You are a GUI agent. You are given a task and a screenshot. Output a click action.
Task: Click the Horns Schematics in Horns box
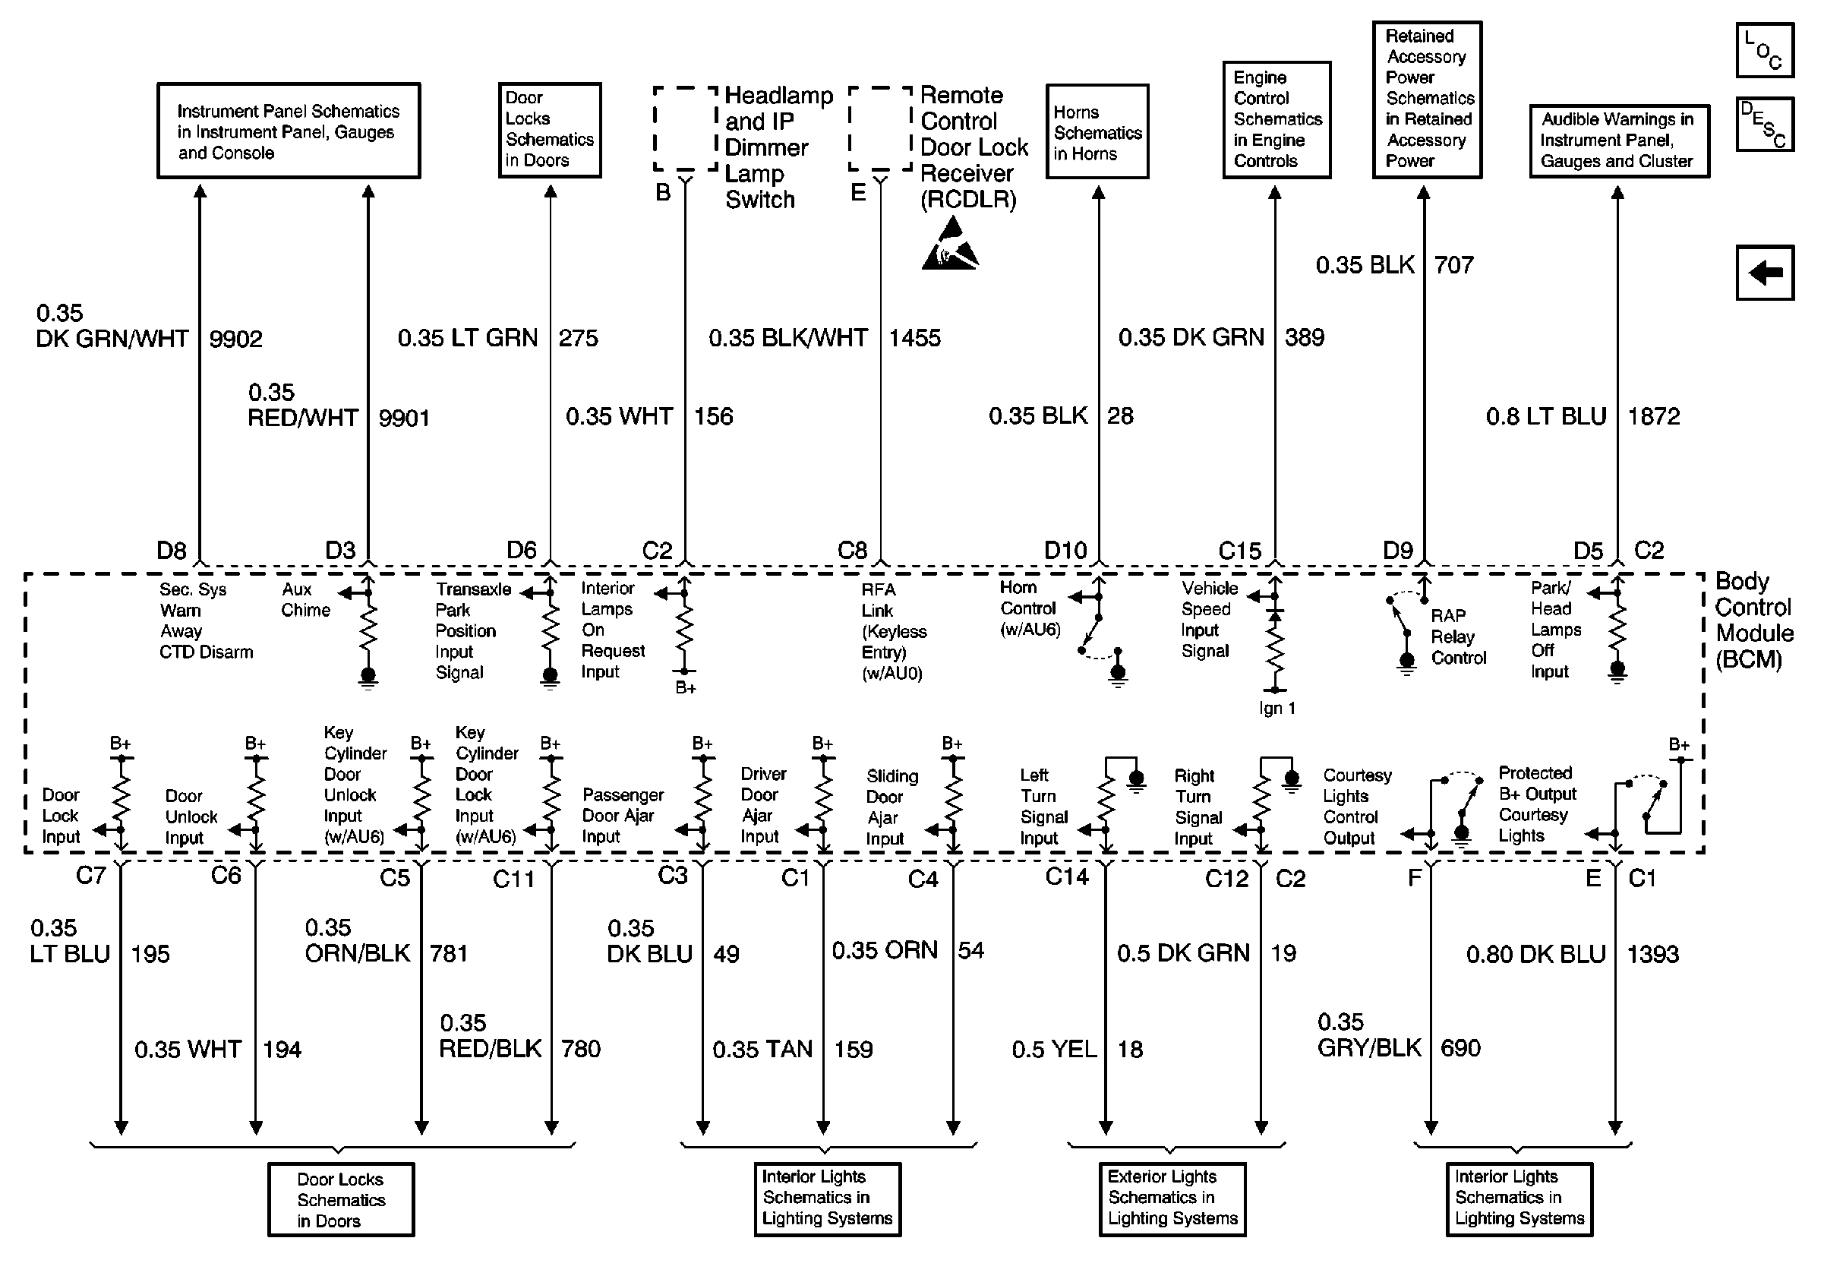(x=1097, y=132)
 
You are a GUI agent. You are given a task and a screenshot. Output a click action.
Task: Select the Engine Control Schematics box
(x=1276, y=119)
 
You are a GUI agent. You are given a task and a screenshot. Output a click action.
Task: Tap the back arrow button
(x=1765, y=273)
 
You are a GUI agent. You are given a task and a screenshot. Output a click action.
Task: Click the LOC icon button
(x=1765, y=51)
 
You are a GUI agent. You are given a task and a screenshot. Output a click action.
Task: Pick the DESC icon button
(x=1765, y=124)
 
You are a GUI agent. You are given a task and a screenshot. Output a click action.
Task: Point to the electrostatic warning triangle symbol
(x=950, y=245)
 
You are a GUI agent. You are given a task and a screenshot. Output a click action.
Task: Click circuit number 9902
(x=236, y=339)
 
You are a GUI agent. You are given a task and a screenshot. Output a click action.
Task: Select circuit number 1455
(x=914, y=338)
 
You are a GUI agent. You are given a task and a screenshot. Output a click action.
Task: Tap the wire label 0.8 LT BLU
(x=1546, y=416)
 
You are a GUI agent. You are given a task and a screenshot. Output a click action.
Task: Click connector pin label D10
(x=1065, y=550)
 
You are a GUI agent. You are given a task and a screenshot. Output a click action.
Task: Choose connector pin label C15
(x=1239, y=551)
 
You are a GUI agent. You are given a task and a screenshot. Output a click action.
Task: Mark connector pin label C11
(x=513, y=879)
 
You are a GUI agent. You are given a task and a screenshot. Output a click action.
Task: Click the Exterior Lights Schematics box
(x=1172, y=1198)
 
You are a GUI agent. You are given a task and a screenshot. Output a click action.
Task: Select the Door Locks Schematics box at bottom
(x=341, y=1199)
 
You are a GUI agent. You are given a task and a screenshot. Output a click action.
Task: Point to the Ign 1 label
(x=1276, y=708)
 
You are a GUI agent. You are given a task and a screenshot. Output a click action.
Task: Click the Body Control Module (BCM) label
(x=1754, y=621)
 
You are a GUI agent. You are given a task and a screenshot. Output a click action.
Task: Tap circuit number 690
(x=1460, y=1048)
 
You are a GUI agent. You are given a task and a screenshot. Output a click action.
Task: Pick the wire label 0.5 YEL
(x=1053, y=1050)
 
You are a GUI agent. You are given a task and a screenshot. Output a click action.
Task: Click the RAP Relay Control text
(x=1458, y=636)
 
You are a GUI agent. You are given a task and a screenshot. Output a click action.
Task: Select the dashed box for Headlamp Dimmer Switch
(x=685, y=128)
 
